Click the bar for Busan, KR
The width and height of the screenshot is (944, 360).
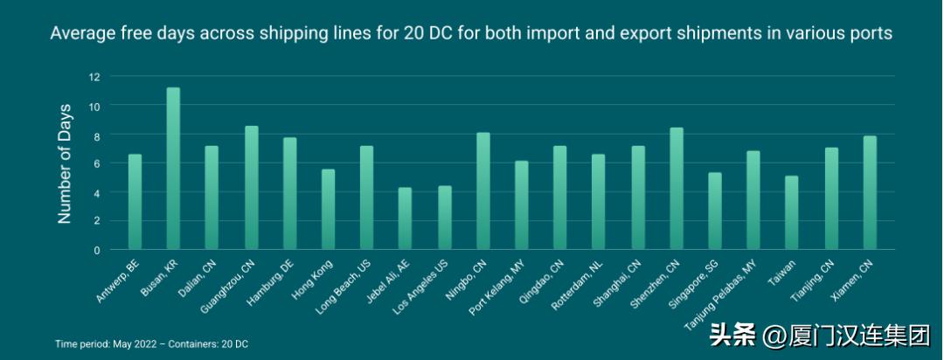pos(173,169)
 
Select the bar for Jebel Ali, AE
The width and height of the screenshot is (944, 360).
pos(405,218)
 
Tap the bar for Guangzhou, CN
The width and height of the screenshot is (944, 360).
pos(251,188)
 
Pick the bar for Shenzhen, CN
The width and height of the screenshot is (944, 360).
pos(676,189)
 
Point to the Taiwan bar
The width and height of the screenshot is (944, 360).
pos(791,213)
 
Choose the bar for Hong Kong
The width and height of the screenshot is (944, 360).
pos(328,210)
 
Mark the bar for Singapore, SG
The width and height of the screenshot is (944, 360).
pos(714,211)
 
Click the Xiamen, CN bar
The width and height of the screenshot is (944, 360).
pos(869,193)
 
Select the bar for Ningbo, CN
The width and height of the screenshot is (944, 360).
pos(482,191)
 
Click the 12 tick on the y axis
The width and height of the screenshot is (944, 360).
pos(94,77)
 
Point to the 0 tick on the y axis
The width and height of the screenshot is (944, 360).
pos(97,250)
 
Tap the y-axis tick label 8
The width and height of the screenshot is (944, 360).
pos(97,135)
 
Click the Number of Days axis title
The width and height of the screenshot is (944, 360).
pos(65,163)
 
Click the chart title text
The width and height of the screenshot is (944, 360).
pos(471,33)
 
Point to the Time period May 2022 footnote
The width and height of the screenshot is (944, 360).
pos(151,344)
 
